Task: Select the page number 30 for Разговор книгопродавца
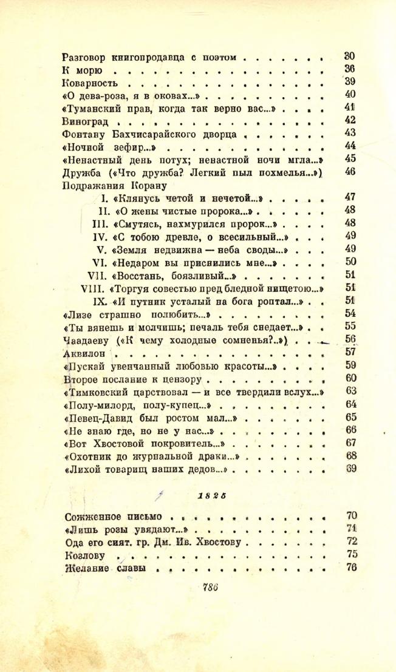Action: pyautogui.click(x=349, y=57)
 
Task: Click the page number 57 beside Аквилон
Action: pyautogui.click(x=349, y=351)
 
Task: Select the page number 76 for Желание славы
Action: pyautogui.click(x=349, y=568)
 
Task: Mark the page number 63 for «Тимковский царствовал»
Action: pyautogui.click(x=349, y=390)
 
